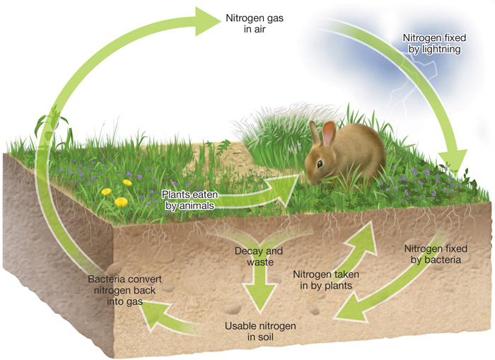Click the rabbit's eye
click(x=320, y=163)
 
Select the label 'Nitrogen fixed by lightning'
click(x=432, y=43)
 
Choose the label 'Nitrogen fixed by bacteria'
click(x=432, y=254)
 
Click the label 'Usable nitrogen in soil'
click(x=260, y=332)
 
